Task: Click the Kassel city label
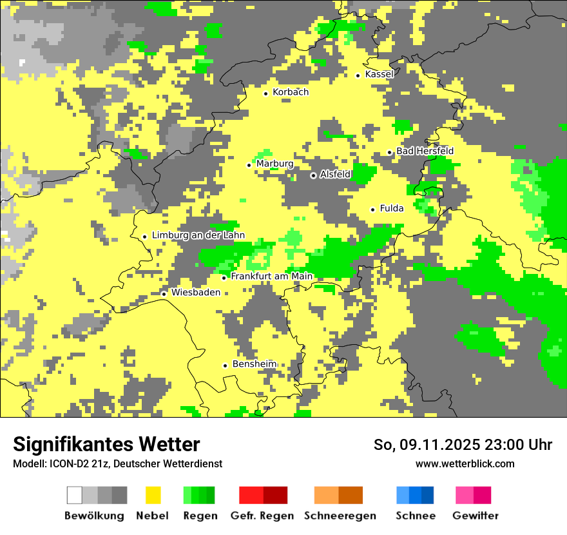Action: [379, 74]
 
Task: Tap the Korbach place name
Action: [291, 92]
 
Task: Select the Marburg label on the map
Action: [274, 164]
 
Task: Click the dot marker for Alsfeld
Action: [314, 175]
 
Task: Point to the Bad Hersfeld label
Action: [425, 151]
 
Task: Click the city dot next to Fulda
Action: [372, 209]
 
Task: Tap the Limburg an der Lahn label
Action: [198, 236]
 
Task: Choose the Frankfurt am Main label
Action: [271, 277]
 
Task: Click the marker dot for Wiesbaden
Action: [164, 294]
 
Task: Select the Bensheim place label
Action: [255, 364]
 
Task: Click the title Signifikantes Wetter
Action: [106, 445]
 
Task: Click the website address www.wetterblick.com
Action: [465, 463]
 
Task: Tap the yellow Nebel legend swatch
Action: [153, 495]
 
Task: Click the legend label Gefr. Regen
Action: [262, 516]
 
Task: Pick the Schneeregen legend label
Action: [340, 516]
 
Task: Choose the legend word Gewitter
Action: [475, 516]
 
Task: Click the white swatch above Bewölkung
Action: [75, 495]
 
